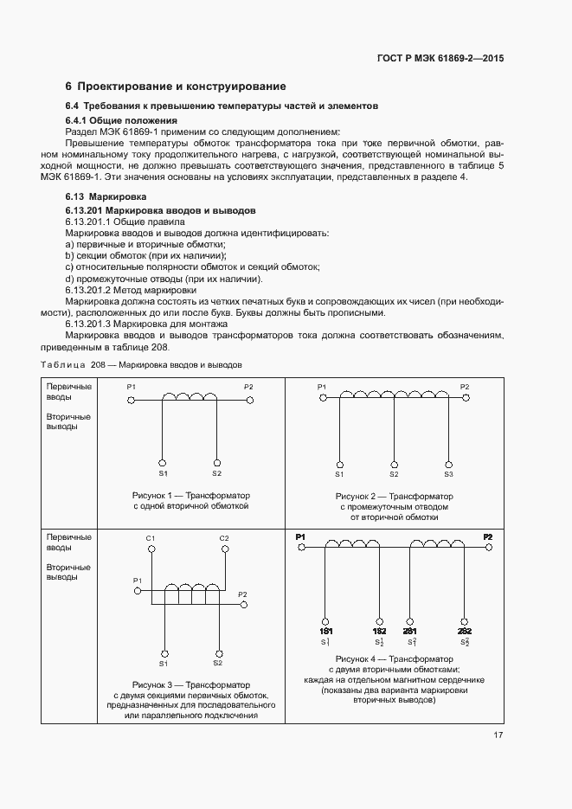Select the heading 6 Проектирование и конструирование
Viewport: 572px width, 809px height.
coord(176,87)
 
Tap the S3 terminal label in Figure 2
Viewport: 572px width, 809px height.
coord(448,474)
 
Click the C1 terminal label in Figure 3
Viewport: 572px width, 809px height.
coord(151,539)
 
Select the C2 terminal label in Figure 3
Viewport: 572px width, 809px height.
coord(224,539)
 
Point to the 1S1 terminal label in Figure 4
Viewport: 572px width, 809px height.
coord(325,632)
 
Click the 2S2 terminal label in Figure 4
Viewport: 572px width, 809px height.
coord(464,632)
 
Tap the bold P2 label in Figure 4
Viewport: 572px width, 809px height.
coord(488,537)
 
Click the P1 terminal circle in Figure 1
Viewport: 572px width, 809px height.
coord(132,401)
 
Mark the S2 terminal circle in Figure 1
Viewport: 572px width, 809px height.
coord(216,463)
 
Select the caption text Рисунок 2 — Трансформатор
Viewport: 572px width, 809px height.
coord(394,497)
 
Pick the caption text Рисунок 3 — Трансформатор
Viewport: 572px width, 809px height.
coord(190,684)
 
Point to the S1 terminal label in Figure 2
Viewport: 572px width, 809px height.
coord(339,474)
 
